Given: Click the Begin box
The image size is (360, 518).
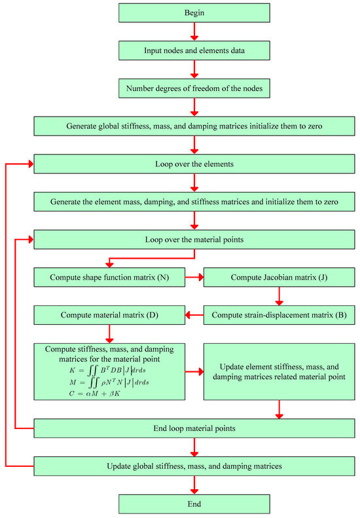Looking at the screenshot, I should coord(194,12).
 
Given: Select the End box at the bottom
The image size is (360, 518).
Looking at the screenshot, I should coord(194,504).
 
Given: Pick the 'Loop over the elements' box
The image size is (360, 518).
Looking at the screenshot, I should coord(194,164).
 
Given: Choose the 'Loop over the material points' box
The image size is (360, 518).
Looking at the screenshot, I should coord(194,240).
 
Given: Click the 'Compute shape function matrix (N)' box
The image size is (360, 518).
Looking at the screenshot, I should coord(108,278).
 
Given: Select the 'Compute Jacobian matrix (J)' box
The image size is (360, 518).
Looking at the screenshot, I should coord(279,278).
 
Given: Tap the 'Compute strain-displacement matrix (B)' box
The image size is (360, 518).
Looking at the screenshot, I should coord(279,316).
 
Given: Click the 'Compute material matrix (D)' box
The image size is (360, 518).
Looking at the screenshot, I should coord(108,316).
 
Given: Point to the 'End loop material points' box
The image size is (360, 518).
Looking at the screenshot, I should coord(194,428).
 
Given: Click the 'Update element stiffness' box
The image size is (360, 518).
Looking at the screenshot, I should coord(279,371).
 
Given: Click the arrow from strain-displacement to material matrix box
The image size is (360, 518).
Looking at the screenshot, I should coord(193,316).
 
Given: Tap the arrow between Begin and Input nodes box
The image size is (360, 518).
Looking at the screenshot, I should coord(194,31).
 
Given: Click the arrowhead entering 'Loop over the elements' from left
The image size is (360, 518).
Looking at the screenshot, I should coord(29,164).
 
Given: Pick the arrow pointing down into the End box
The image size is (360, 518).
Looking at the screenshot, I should coord(194,485).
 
